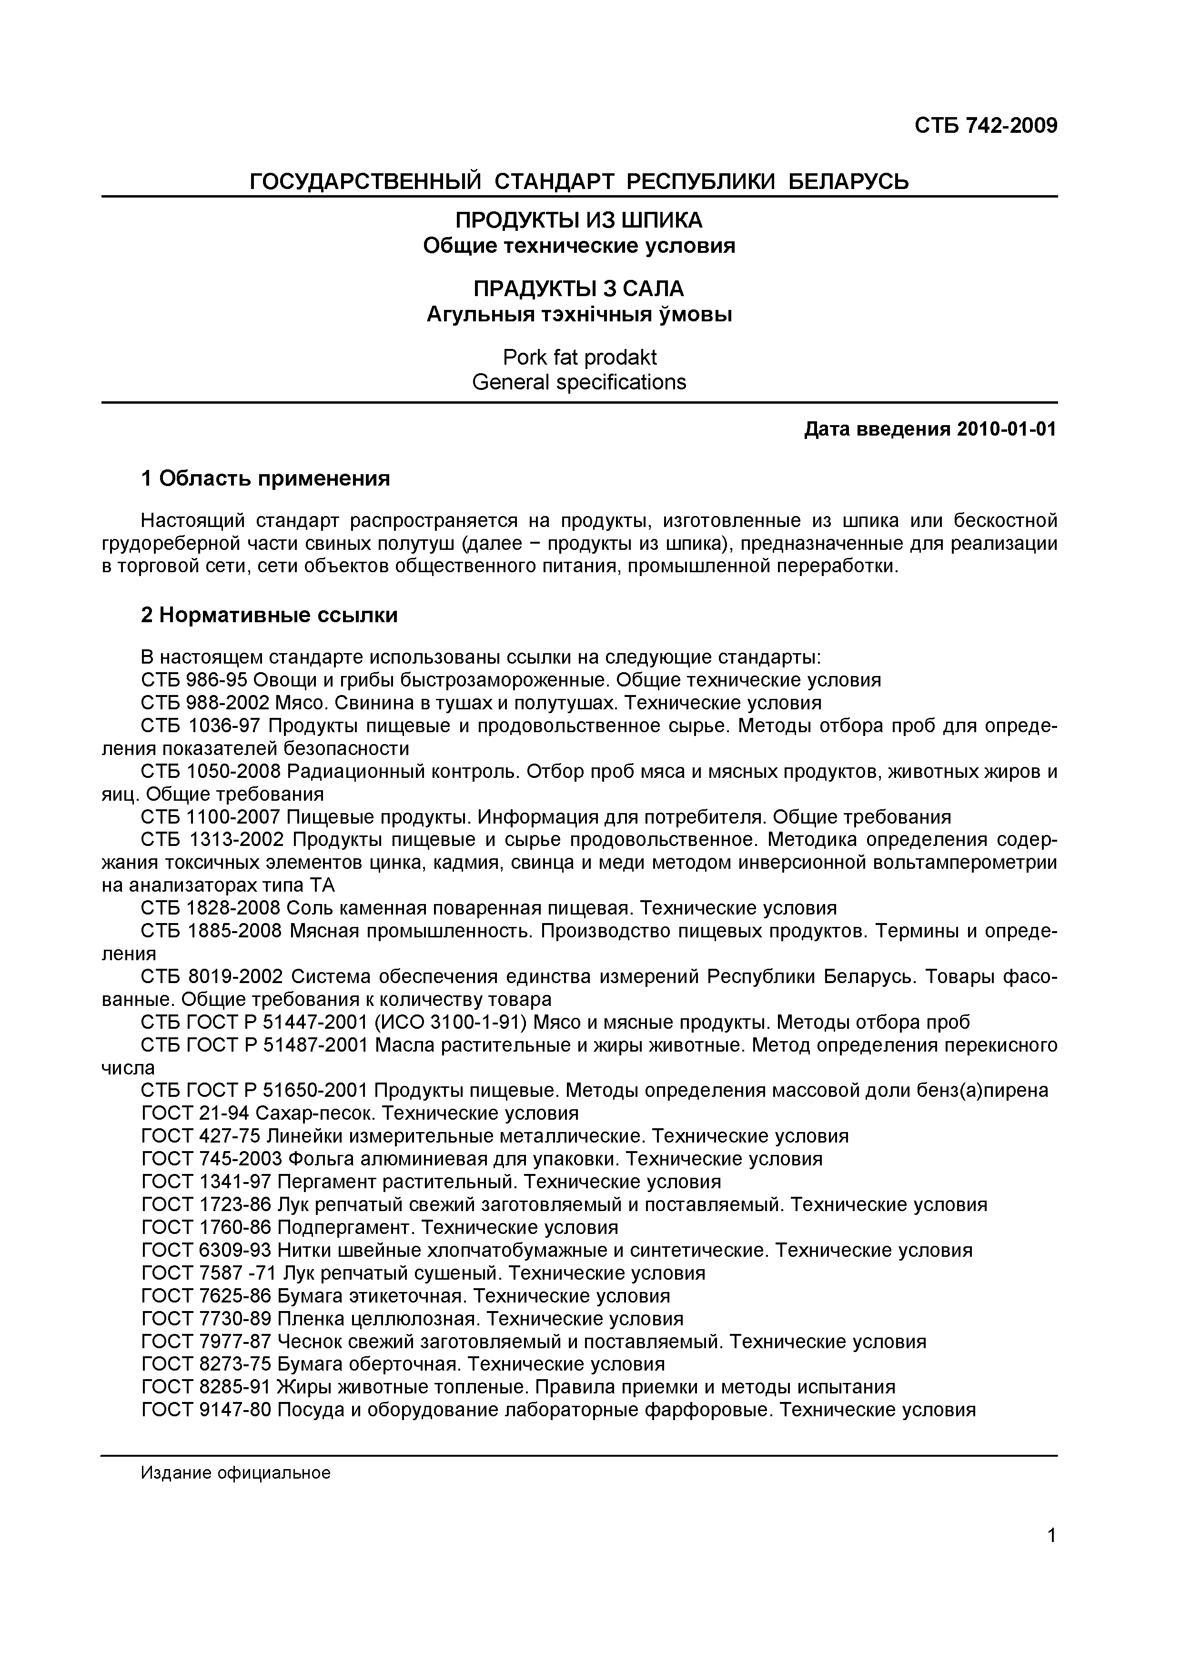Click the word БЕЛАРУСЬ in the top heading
[849, 180]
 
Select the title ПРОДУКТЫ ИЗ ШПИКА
[578, 219]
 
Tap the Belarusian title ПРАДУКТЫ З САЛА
[578, 289]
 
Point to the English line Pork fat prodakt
[578, 357]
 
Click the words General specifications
[578, 382]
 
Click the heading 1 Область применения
[266, 478]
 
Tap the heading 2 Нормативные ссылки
[269, 616]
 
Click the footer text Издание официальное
[236, 1473]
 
